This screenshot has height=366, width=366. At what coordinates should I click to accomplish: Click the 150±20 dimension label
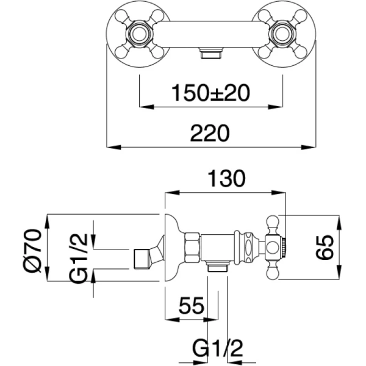[x=211, y=93]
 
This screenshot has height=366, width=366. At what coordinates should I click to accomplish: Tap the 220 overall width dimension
[x=210, y=133]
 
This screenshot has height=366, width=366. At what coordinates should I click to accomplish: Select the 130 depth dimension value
[x=225, y=179]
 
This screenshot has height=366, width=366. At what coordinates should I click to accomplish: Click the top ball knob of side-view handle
[x=274, y=221]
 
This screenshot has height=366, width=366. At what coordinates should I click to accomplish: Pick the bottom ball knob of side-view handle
[x=274, y=273]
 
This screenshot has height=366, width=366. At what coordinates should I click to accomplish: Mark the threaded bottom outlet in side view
[x=217, y=266]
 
